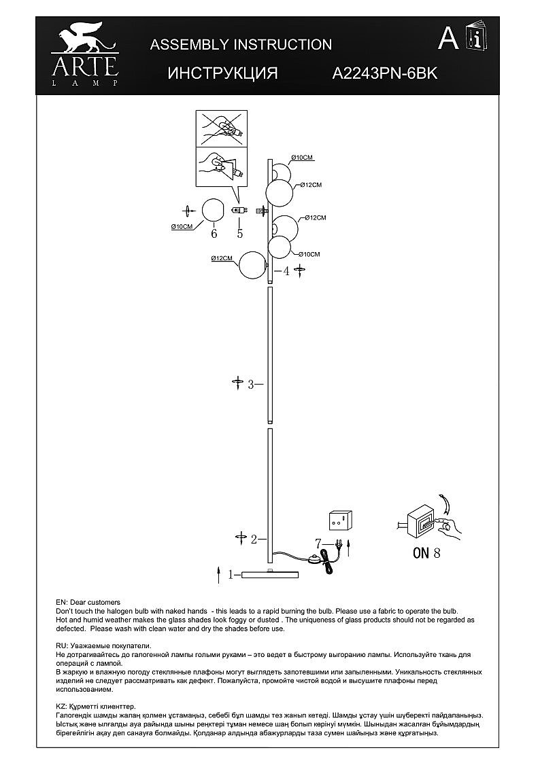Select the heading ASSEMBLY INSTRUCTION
tap(241, 45)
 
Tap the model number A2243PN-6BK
tap(384, 73)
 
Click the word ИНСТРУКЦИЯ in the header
tap(222, 73)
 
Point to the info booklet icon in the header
tap(474, 37)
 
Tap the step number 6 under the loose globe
tap(214, 234)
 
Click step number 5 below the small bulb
tap(239, 234)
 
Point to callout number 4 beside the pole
tap(286, 271)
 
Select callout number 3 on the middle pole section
tap(250, 385)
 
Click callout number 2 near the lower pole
tap(253, 539)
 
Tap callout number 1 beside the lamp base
tap(231, 575)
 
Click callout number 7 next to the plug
tap(318, 543)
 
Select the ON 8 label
tap(426, 552)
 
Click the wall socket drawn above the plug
tap(341, 520)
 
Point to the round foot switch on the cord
tap(314, 558)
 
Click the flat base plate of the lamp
tap(270, 575)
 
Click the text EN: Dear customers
tap(88, 602)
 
